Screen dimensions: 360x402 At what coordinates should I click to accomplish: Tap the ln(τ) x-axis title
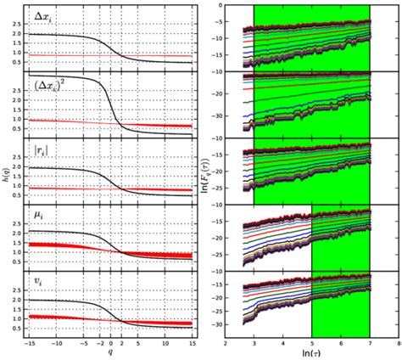[312, 351]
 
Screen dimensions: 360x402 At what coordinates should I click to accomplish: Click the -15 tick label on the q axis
[31, 345]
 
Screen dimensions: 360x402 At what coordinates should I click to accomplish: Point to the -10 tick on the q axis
[57, 345]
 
